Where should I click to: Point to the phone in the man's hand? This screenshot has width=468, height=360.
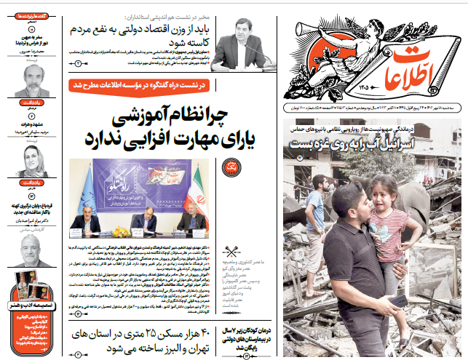tap(400, 300)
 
